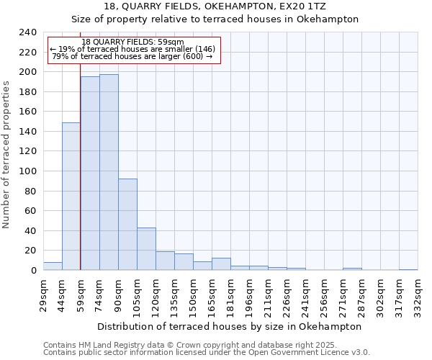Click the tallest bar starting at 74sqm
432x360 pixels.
click(x=109, y=172)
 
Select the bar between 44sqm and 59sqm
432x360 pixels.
click(x=71, y=197)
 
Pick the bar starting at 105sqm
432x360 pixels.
click(x=146, y=249)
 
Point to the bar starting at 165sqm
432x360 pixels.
click(x=221, y=264)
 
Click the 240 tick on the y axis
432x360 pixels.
click(x=28, y=32)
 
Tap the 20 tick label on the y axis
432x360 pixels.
click(x=31, y=251)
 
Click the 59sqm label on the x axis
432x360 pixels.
click(x=81, y=294)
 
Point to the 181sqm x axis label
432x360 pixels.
click(x=230, y=294)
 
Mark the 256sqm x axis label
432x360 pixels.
click(x=324, y=294)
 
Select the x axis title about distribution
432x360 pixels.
click(x=230, y=326)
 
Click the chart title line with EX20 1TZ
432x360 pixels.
click(x=215, y=6)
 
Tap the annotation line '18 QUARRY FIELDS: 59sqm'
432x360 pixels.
click(x=133, y=42)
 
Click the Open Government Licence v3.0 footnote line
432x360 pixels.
click(x=207, y=353)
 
